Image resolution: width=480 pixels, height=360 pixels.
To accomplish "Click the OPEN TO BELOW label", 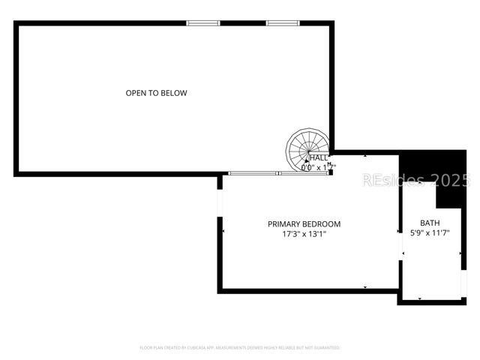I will coord(156,93).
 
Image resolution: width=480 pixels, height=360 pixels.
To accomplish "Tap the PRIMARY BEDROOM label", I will coord(304,224).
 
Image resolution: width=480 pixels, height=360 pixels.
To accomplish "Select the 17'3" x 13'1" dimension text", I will coord(304,235).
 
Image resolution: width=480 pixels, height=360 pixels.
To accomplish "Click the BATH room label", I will coord(430,223).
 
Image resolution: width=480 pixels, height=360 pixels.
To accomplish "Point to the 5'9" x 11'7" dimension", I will coord(430,233).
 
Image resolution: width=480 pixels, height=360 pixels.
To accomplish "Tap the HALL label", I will coord(319,158).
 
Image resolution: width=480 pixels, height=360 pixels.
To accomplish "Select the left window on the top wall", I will coord(203,23).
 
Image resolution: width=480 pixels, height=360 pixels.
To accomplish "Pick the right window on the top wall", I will coord(283,23).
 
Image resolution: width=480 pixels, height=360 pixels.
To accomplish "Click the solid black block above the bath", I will coord(442,176).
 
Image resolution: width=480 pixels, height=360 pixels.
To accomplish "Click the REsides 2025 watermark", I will coord(416,180).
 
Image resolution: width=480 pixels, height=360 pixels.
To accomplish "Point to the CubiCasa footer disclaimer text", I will coord(240,348).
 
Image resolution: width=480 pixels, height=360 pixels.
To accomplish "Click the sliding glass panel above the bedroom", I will coord(253,173).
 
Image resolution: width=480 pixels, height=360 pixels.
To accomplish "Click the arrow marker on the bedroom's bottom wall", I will coord(365,288).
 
